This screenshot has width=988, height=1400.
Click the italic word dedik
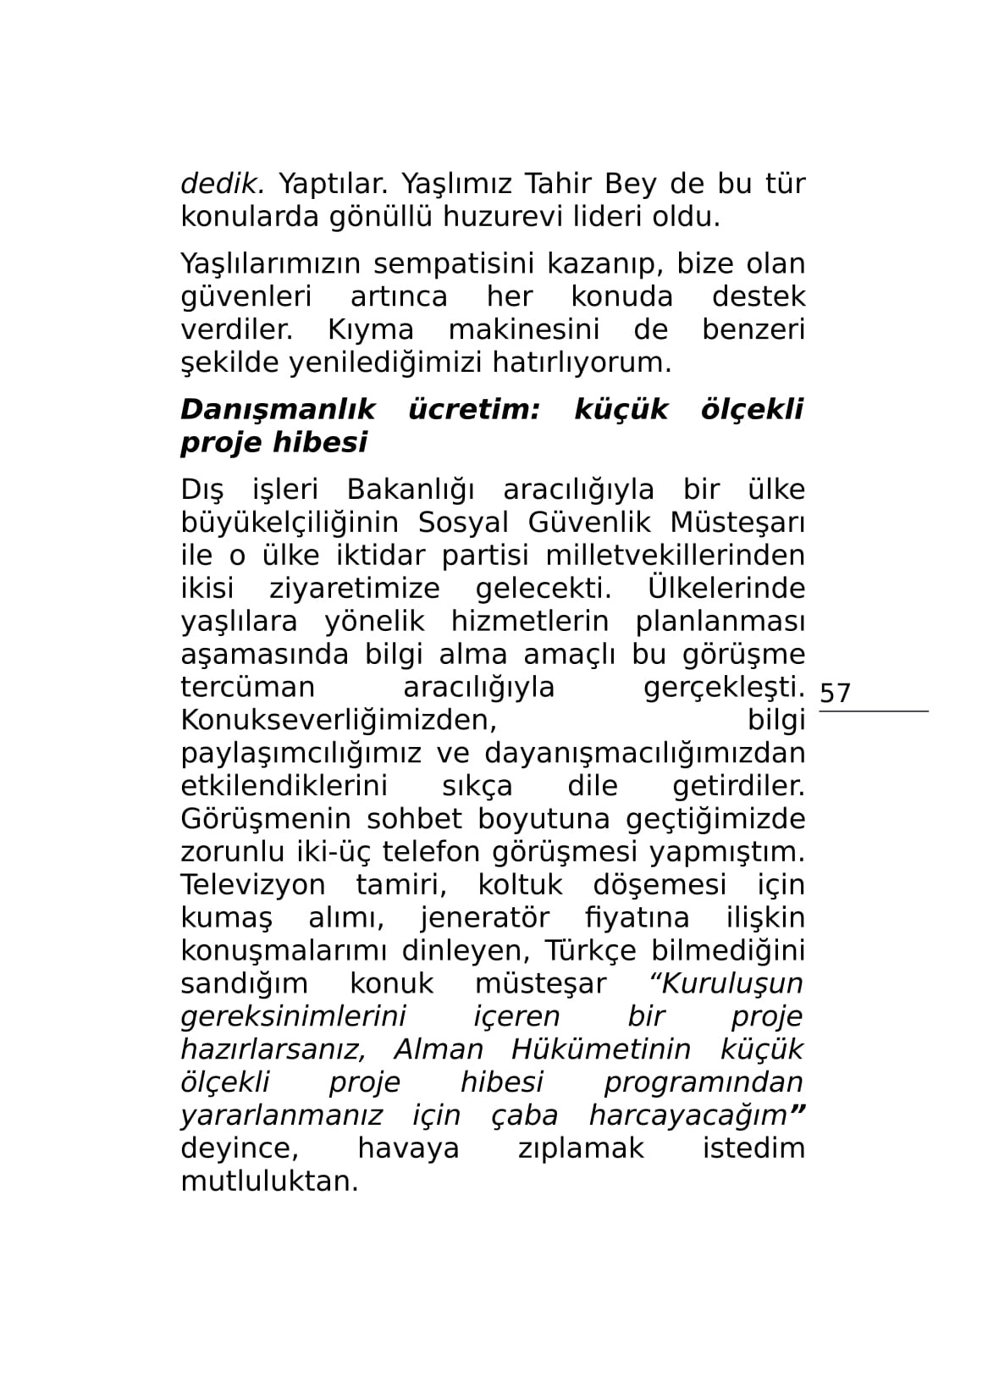pos(222,183)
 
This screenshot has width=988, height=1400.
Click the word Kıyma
pos(370,329)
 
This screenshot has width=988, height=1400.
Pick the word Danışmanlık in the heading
pos(278,410)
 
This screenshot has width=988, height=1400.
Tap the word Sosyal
pos(461,523)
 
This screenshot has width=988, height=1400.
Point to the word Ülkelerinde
pos(726,588)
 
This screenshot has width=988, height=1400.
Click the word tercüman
pos(247,687)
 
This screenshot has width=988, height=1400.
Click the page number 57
pos(835,693)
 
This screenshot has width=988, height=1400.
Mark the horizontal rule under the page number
pos(873,711)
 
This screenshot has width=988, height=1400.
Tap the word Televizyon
pos(252,885)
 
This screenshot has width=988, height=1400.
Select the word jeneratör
pos(484,918)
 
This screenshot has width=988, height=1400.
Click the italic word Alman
pos(439,1050)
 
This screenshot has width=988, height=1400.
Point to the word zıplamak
pos(580,1149)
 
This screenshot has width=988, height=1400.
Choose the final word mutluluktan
pos(269,1181)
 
